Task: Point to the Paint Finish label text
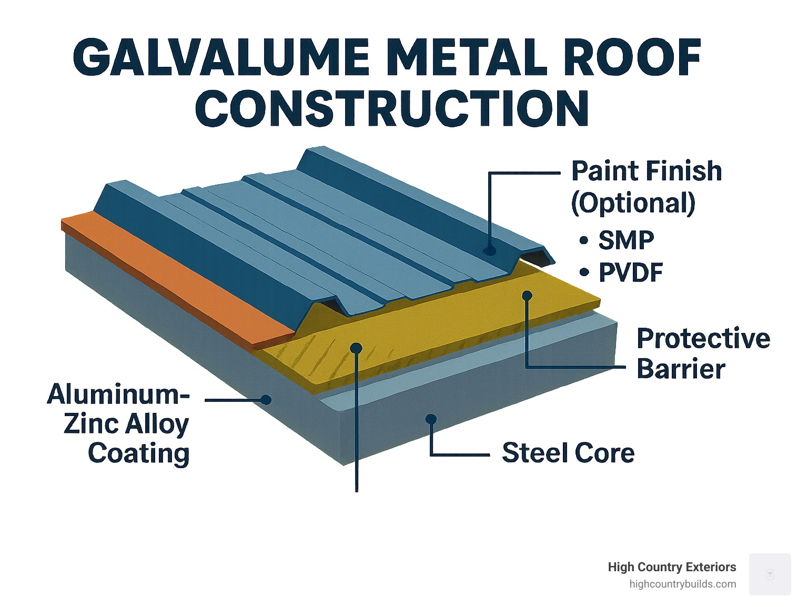click(x=646, y=171)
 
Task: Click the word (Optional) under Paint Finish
click(x=633, y=203)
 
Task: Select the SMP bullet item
click(x=625, y=240)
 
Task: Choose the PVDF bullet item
click(x=630, y=272)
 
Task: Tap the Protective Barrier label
click(x=703, y=353)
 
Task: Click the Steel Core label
click(x=568, y=453)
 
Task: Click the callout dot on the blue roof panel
click(x=490, y=250)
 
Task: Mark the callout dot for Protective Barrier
click(x=527, y=296)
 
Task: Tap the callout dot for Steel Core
click(x=431, y=419)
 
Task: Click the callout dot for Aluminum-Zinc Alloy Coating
click(x=266, y=400)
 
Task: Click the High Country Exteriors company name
click(x=672, y=567)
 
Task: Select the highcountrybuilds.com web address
click(x=682, y=584)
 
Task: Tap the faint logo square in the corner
click(x=770, y=574)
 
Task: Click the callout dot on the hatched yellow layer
click(x=356, y=348)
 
